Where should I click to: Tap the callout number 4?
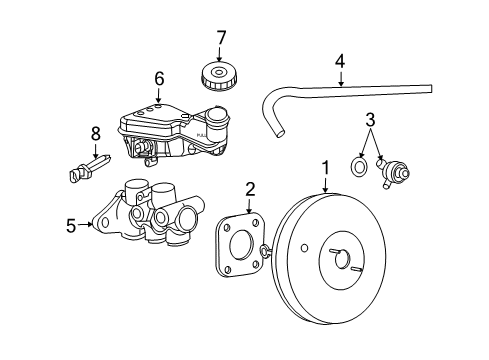[340, 61]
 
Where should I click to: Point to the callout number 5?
[71, 225]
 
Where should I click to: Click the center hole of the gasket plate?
[241, 247]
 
